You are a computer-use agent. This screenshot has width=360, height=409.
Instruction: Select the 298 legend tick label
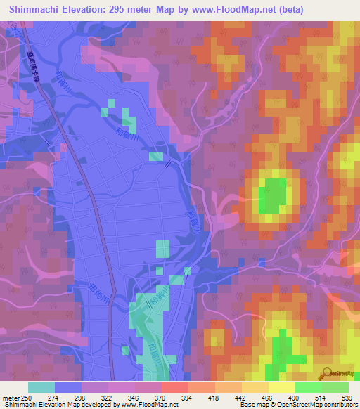click(x=82, y=398)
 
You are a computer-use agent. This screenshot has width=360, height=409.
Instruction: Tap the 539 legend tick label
click(x=347, y=398)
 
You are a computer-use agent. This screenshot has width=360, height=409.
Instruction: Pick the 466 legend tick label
click(x=268, y=398)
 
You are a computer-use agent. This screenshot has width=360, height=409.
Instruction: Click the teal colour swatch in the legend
click(x=41, y=387)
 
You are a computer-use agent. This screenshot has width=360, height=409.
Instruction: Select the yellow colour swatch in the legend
click(x=282, y=387)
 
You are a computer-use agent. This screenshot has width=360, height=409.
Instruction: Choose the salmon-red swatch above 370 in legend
click(x=175, y=387)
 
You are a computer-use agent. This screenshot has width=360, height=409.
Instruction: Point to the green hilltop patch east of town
click(x=274, y=195)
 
